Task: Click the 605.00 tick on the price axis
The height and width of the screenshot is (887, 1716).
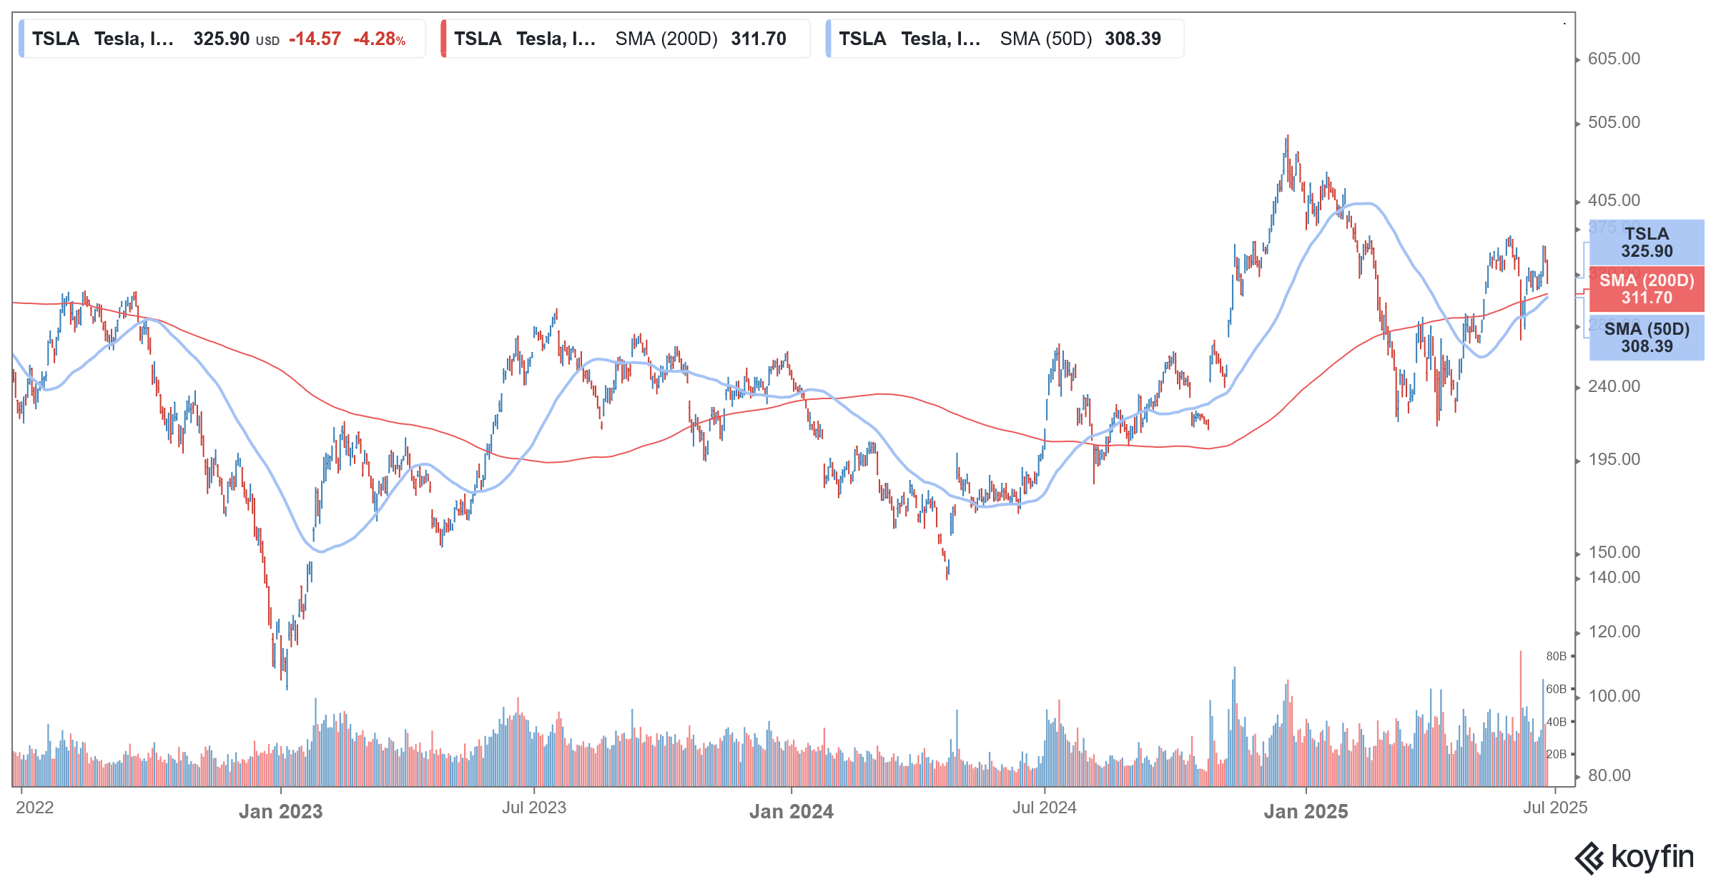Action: tap(1614, 59)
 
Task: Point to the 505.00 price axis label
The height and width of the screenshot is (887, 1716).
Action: tap(1614, 122)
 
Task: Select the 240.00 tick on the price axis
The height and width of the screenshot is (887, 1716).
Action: tap(1614, 386)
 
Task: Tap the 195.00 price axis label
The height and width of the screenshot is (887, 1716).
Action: tap(1614, 459)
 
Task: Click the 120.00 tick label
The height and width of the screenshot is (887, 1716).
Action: tap(1614, 632)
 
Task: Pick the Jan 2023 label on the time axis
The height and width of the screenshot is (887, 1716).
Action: tap(280, 811)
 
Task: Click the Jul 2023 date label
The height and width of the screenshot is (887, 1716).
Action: tap(533, 808)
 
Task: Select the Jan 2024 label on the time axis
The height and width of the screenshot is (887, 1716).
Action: tap(791, 811)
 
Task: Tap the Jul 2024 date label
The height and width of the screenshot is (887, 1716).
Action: tap(1044, 808)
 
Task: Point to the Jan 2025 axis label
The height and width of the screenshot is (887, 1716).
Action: tap(1306, 811)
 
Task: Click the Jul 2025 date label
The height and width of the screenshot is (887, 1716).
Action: tap(1554, 808)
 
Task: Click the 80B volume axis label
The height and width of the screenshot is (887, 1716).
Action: tap(1556, 656)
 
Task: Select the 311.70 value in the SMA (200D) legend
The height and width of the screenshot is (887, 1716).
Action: tap(759, 39)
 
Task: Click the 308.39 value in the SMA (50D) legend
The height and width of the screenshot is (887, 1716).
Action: tap(1133, 39)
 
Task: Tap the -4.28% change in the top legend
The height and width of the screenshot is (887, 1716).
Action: tap(379, 39)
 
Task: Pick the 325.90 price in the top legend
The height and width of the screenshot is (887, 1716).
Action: tap(222, 39)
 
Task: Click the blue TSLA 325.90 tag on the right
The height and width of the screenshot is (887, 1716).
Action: tap(1646, 242)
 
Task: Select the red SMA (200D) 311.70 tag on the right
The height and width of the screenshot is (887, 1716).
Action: tap(1646, 289)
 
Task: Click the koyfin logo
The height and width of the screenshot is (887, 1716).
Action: tap(1634, 858)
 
